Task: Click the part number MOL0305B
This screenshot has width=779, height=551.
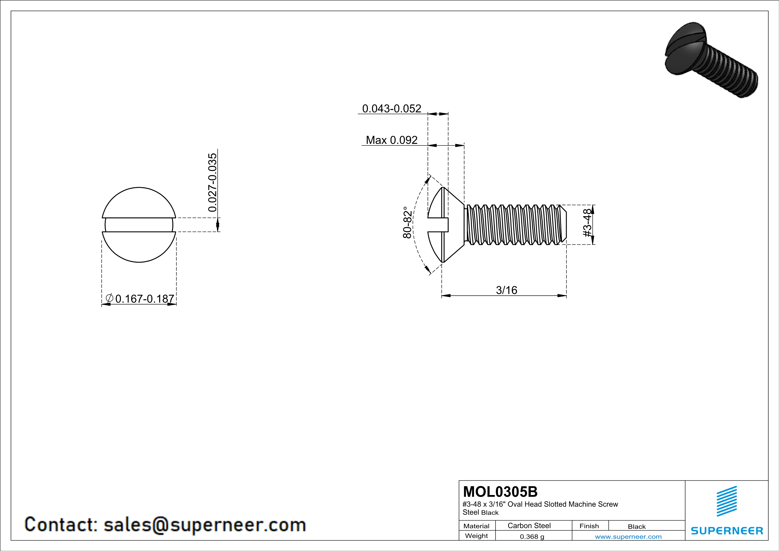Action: point(500,492)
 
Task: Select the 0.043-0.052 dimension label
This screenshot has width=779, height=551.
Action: point(392,109)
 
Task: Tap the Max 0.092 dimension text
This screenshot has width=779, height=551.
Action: point(392,140)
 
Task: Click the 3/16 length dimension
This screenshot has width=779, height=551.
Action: point(506,290)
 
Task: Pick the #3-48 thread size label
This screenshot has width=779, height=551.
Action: point(587,223)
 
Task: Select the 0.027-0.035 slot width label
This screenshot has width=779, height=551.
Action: point(212,183)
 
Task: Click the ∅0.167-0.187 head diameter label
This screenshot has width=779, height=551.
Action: point(140,299)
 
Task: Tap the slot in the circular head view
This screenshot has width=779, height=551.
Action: point(139,225)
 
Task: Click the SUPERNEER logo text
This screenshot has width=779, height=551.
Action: point(727,531)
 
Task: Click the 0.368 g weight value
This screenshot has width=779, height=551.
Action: point(532,536)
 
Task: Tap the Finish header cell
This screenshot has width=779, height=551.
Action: point(589,526)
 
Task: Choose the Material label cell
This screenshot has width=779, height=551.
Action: point(476,526)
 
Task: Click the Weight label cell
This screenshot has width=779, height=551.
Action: point(476,536)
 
